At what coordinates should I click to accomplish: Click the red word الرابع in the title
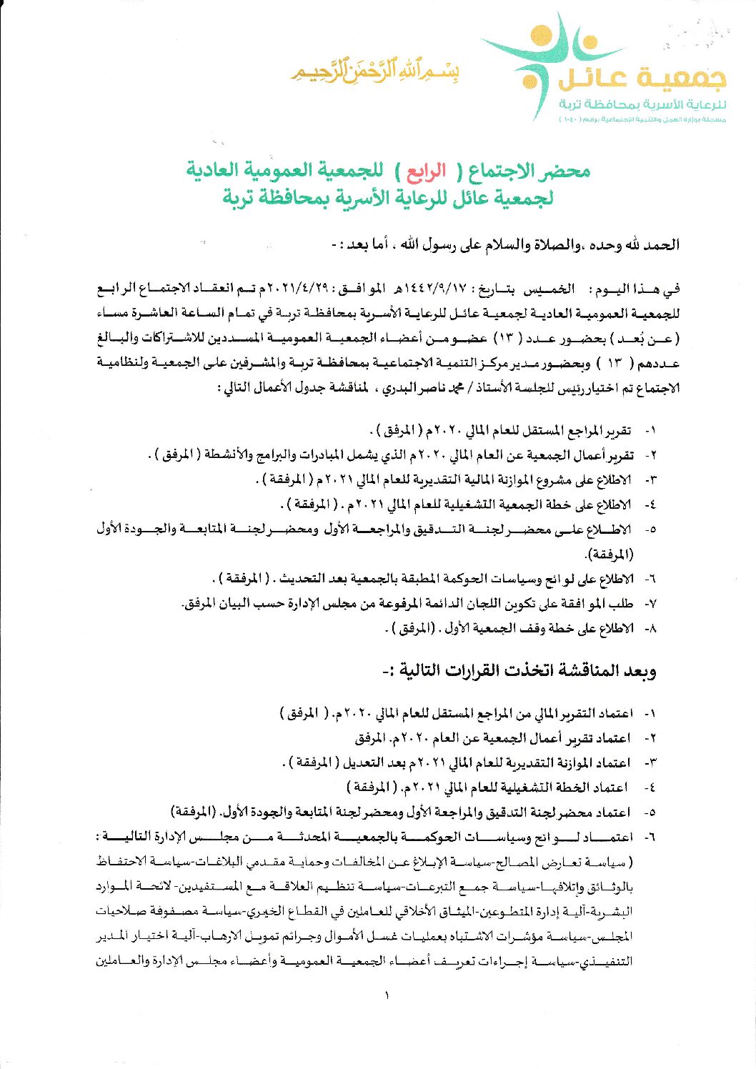[426, 171]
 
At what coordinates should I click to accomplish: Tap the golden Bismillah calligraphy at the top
[374, 71]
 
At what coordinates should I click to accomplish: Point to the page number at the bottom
[386, 995]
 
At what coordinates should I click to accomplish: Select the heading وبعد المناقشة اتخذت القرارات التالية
[519, 670]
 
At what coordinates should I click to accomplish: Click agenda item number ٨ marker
[650, 629]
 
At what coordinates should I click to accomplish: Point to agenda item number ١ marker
[650, 431]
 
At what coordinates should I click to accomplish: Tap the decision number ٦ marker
[650, 837]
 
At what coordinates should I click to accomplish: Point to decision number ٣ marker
[650, 762]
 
